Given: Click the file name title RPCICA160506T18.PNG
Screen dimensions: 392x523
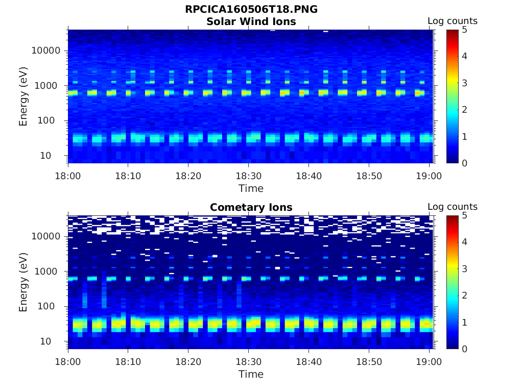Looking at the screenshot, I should pos(251,10).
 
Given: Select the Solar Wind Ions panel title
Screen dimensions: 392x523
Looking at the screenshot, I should pos(251,21).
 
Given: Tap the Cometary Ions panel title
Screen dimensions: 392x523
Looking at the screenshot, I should pos(251,207).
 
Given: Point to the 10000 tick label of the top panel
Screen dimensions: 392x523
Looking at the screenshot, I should pos(46,51).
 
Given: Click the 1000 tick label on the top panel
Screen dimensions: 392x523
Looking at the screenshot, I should pos(49,86).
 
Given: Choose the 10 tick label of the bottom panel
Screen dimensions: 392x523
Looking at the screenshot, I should pos(54,341).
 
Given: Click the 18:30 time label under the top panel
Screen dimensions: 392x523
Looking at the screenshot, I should pos(248,175).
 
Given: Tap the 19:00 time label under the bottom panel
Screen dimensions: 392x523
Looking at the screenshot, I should pos(429,361).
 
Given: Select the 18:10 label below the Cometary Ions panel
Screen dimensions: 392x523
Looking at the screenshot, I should pos(128,361).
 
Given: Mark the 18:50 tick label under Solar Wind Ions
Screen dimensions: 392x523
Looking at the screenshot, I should pos(369,175).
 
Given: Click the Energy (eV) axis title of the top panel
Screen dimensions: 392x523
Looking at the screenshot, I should pos(23,96).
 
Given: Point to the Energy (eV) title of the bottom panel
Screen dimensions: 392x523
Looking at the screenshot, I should pos(23,282).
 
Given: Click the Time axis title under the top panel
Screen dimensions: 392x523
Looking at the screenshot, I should pos(251,188).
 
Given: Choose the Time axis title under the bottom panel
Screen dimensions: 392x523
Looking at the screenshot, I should pos(251,374).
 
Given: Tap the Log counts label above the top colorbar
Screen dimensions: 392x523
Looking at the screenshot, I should pos(452,21).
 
